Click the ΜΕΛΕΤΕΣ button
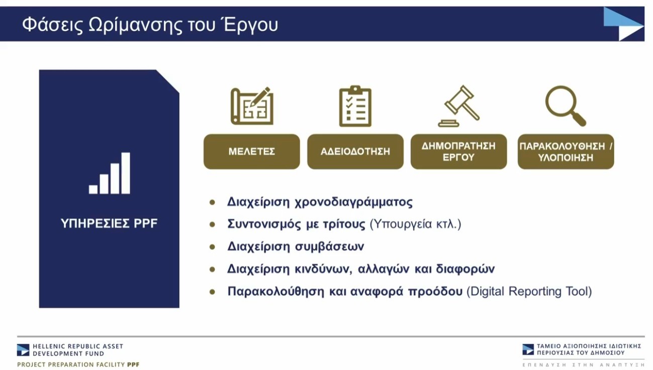[251, 152]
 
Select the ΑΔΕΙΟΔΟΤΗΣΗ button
[355, 152]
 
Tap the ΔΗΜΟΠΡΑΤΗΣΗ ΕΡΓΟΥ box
[458, 152]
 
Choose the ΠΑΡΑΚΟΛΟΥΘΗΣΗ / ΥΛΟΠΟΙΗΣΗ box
[566, 152]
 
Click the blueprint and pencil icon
[252, 106]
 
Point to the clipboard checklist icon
[355, 106]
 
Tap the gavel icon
[459, 106]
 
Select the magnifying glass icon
[566, 106]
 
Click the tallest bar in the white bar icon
[126, 173]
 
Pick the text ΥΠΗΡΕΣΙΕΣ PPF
[109, 224]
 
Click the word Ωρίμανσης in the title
[136, 25]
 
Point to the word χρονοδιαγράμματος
[353, 202]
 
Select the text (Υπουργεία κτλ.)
[415, 224]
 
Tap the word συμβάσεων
[329, 247]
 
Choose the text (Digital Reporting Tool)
[529, 292]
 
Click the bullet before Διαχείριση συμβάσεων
[212, 247]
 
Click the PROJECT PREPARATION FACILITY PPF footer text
[78, 365]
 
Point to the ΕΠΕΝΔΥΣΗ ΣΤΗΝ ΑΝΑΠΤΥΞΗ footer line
[583, 365]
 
